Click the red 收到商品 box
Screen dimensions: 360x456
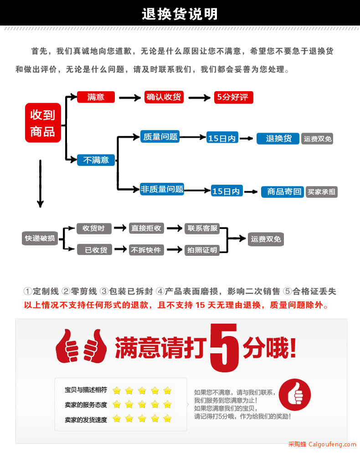(43, 123)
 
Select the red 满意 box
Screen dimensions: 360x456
(96, 97)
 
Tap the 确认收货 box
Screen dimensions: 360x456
(164, 97)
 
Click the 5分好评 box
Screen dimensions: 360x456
(234, 97)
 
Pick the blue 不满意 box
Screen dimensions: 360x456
(96, 160)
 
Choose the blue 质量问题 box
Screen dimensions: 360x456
(160, 137)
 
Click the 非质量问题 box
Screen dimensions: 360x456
(162, 189)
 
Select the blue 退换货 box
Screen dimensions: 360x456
(278, 139)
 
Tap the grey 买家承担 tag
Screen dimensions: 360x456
(321, 192)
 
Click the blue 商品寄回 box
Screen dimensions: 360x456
(283, 192)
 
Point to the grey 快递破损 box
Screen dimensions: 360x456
(40, 238)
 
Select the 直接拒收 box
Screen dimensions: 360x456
(146, 228)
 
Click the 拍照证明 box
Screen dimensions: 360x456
(202, 250)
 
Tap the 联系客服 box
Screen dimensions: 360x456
(202, 228)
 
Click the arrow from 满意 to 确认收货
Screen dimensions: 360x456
(130, 98)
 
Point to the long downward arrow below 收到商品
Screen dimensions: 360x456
(41, 183)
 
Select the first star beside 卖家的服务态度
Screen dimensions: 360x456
(117, 404)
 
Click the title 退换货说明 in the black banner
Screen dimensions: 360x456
(180, 14)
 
